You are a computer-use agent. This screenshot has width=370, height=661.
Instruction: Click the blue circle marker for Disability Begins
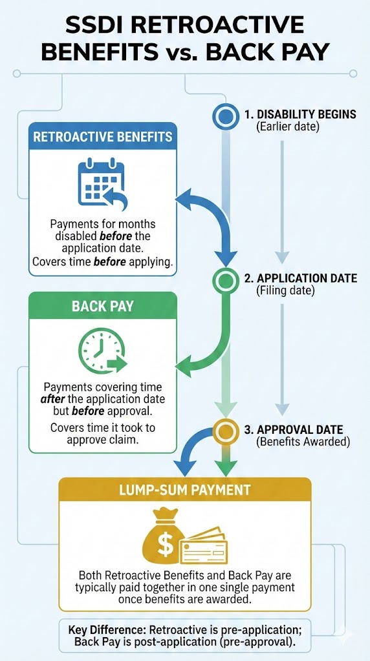[226, 116]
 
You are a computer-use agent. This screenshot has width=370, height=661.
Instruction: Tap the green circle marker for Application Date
[226, 280]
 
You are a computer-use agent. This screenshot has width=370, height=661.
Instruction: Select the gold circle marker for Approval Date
[226, 431]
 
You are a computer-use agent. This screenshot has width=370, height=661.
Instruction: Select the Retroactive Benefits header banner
[103, 137]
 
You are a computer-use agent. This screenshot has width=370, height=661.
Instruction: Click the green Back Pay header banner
[103, 305]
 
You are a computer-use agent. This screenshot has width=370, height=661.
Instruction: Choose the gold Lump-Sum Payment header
[185, 491]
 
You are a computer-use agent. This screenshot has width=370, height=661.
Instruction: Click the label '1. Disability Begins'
[300, 114]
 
